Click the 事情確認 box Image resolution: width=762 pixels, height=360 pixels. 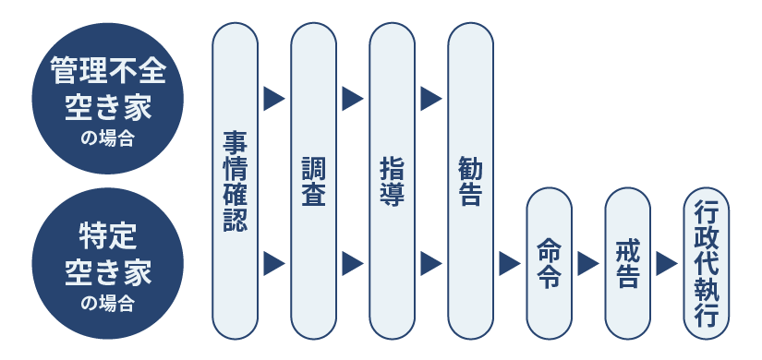click(x=235, y=180)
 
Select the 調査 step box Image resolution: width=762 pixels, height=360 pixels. click(x=313, y=180)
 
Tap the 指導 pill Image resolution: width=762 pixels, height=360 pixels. click(x=392, y=180)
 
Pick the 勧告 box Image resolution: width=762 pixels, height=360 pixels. click(x=470, y=180)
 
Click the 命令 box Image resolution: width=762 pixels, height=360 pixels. click(x=549, y=263)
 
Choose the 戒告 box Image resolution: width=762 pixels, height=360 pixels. click(x=627, y=263)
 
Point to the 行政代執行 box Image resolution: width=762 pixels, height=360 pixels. click(x=707, y=263)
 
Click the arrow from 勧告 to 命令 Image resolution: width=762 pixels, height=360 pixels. click(x=509, y=263)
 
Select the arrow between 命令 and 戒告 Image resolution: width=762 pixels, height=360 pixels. click(x=587, y=263)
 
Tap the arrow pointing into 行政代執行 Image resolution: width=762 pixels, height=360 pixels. click(x=667, y=263)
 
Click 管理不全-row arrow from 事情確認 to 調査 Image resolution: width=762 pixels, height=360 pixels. click(x=273, y=98)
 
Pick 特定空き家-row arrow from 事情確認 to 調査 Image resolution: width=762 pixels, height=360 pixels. click(x=273, y=263)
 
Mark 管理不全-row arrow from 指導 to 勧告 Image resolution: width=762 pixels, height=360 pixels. click(x=430, y=98)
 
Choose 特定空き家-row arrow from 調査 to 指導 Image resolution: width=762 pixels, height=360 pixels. click(x=352, y=263)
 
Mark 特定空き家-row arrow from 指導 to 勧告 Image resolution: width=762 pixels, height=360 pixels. click(x=430, y=263)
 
